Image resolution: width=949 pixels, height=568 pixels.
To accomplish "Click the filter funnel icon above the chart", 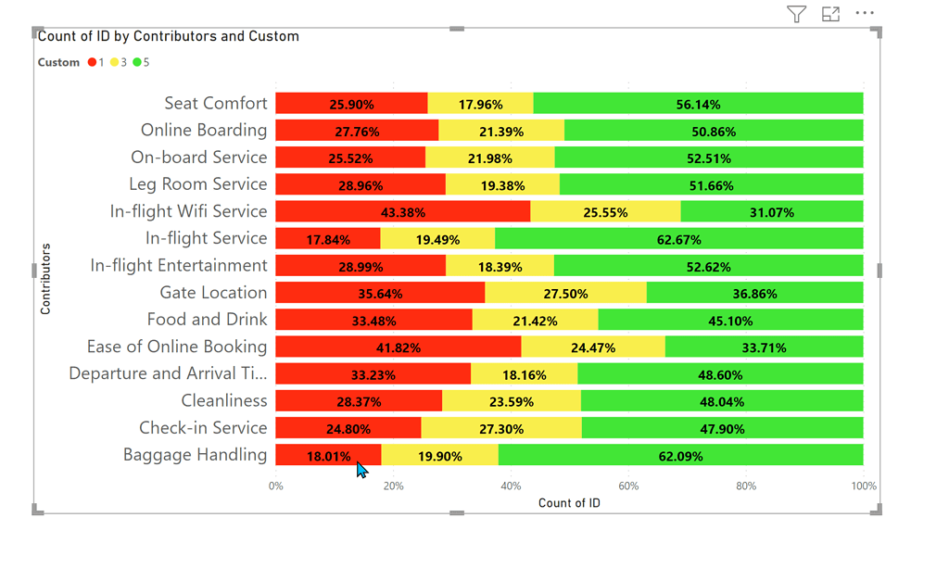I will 796,13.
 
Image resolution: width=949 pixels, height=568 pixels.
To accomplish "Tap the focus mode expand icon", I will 830,13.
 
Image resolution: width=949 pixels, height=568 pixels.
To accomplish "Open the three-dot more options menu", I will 865,13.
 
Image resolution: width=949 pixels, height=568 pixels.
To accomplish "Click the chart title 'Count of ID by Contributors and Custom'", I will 169,36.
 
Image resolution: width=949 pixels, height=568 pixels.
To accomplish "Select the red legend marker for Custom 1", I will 92,63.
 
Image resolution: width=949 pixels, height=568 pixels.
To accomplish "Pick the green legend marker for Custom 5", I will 137,63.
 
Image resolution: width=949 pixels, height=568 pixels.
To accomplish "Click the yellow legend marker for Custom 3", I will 115,63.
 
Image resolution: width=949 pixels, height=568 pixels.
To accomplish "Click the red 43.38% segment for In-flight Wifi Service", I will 402,211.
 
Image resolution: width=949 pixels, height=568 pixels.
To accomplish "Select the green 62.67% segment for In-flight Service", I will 678,239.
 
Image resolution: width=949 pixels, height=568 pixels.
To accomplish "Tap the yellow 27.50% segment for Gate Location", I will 564,293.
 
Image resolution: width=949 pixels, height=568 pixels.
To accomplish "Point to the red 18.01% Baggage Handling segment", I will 328,455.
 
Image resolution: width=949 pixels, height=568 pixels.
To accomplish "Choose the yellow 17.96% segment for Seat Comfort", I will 480,104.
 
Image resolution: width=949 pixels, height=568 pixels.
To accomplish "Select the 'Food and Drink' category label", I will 207,320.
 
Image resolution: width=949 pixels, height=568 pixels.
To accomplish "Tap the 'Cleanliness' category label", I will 223,401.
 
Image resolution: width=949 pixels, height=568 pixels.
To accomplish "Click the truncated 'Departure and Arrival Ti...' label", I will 168,373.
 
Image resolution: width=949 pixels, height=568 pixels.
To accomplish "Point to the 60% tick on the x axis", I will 628,486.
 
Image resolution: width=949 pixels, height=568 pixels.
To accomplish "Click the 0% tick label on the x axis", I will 276,486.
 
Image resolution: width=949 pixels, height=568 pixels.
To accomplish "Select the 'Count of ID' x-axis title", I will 569,503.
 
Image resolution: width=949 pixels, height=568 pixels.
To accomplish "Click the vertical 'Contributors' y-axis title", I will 45,279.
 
